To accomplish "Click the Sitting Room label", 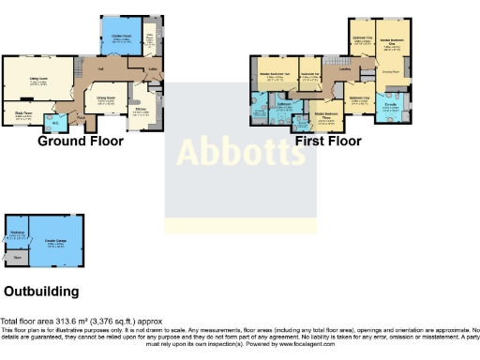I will point(37,82).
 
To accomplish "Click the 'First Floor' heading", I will point(323,141).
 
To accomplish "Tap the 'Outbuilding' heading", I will point(41,291).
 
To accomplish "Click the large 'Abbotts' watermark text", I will point(240,151).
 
